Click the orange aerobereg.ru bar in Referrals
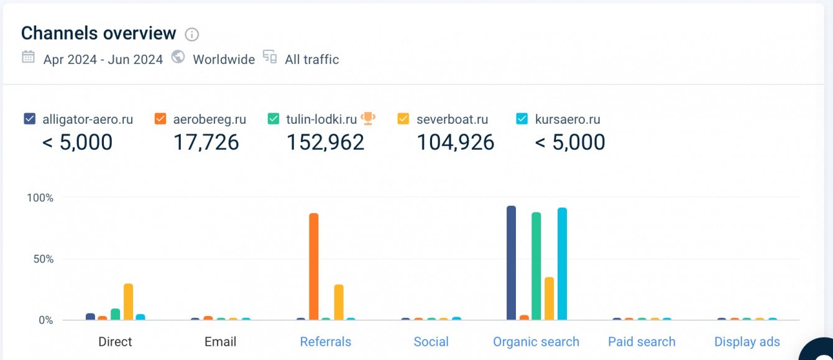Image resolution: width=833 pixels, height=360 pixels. [x=313, y=267]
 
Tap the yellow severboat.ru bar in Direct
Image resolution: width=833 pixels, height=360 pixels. [x=128, y=302]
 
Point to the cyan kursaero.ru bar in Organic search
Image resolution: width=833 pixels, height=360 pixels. [x=562, y=264]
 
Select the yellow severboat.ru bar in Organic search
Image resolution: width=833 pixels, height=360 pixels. [x=549, y=298]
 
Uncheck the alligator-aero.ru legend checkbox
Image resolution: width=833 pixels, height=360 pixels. [x=29, y=119]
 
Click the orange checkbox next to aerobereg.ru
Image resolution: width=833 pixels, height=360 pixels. [x=160, y=119]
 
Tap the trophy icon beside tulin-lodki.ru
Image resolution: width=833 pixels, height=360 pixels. [x=368, y=118]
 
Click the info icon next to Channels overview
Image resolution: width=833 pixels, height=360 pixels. [x=192, y=34]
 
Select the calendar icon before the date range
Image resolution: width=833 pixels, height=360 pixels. [x=28, y=57]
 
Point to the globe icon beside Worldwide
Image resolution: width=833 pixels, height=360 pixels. [x=178, y=57]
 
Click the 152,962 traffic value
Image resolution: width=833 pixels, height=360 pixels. [x=325, y=142]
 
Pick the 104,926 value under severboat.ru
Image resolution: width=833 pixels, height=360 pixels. [x=455, y=142]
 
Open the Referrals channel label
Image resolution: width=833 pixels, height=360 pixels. [x=325, y=341]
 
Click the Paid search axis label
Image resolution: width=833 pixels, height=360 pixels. [x=642, y=341]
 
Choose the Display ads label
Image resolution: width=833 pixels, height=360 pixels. [x=747, y=341]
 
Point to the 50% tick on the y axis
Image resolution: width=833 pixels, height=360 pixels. [x=40, y=259]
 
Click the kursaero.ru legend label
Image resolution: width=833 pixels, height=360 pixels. [x=567, y=119]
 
